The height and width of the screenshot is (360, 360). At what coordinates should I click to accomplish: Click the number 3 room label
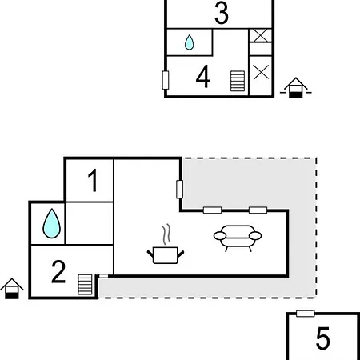(222, 14)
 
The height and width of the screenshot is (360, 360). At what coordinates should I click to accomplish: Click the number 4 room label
(203, 78)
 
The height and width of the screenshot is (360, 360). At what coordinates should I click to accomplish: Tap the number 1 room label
(93, 182)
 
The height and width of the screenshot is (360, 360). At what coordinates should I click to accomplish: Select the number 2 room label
(58, 273)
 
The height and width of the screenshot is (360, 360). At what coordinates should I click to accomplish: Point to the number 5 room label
(322, 339)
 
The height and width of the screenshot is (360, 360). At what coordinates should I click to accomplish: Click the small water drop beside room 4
(190, 42)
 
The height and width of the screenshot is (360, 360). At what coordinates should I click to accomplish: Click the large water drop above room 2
(52, 223)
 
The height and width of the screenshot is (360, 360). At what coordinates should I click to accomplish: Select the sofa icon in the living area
(238, 238)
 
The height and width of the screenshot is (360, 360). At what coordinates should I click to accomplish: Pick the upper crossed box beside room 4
(261, 35)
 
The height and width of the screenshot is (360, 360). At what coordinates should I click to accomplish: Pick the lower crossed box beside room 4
(261, 71)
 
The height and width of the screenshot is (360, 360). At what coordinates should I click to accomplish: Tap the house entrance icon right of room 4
(295, 87)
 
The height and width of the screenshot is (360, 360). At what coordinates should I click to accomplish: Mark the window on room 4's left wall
(166, 80)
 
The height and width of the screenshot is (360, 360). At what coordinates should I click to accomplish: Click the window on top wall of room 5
(305, 314)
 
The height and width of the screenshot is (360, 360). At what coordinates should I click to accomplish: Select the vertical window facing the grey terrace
(181, 190)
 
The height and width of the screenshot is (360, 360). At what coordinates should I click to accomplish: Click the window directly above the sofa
(257, 210)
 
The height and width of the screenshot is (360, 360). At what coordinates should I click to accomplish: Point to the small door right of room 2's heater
(102, 277)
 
